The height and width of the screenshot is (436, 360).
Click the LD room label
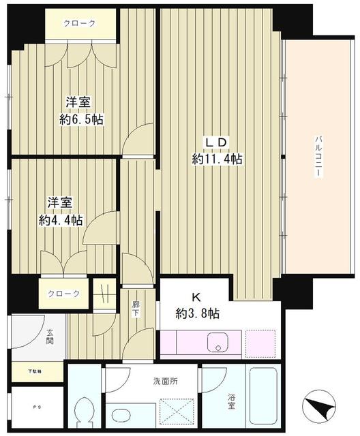(x=217, y=142)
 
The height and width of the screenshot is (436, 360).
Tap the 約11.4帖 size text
(x=217, y=159)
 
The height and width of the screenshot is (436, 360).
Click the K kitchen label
(x=195, y=297)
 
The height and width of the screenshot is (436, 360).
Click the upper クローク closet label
(x=80, y=23)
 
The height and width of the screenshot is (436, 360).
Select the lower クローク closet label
(x=63, y=294)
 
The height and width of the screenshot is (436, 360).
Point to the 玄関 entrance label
(x=50, y=337)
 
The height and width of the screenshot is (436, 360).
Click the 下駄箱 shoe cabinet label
(x=34, y=371)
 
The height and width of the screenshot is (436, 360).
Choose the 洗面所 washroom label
(x=165, y=381)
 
